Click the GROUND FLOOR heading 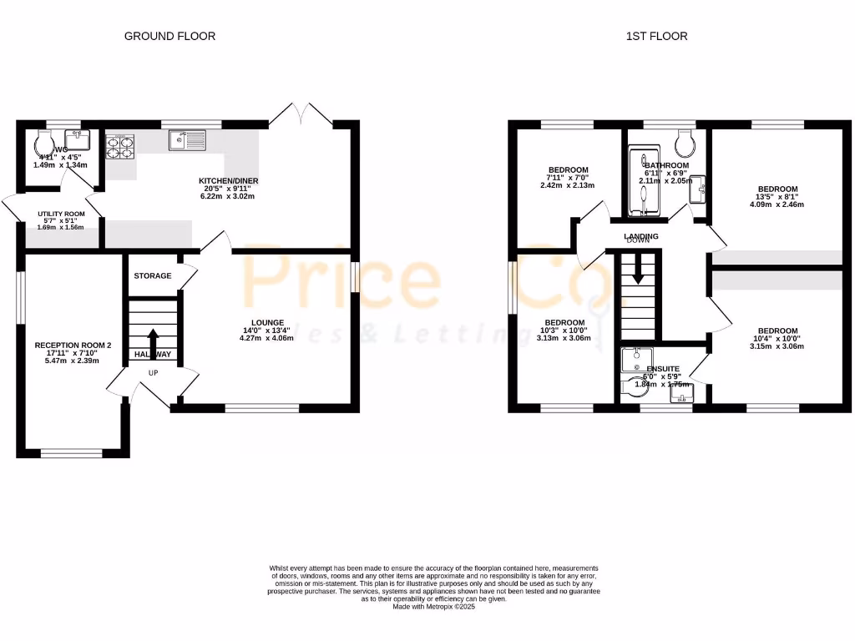pyautogui.click(x=169, y=36)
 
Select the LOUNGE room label pyautogui.click(x=268, y=322)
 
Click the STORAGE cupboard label pyautogui.click(x=153, y=275)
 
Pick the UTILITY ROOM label pyautogui.click(x=61, y=214)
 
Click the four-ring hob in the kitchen pyautogui.click(x=120, y=147)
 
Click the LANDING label pyautogui.click(x=641, y=236)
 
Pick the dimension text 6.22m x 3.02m pyautogui.click(x=226, y=196)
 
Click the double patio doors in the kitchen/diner pyautogui.click(x=308, y=115)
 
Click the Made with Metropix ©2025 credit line pyautogui.click(x=433, y=607)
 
